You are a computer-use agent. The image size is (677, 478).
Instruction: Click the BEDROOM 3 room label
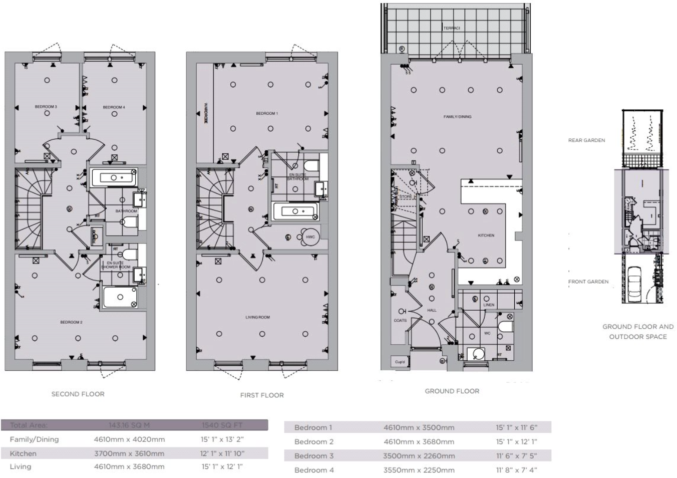(46, 107)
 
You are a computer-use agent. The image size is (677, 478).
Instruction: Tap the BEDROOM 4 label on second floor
(114, 107)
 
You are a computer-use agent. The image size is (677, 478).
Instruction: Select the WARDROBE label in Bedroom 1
(205, 114)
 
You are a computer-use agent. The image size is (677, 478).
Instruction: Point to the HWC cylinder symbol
(310, 237)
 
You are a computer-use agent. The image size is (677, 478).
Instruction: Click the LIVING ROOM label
(257, 317)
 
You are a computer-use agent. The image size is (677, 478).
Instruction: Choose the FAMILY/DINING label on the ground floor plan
(457, 117)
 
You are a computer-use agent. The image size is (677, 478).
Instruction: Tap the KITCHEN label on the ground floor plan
(486, 235)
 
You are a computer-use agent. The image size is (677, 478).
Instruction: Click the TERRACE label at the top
(451, 28)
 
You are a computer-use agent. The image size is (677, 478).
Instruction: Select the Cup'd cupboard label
(400, 362)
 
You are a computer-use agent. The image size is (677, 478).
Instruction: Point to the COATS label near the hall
(400, 320)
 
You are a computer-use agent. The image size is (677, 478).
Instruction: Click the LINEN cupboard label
(489, 305)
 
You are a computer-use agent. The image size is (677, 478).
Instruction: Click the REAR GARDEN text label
(586, 140)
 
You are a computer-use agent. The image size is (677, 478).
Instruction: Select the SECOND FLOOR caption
(78, 394)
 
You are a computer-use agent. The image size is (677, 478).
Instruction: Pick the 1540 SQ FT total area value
(222, 425)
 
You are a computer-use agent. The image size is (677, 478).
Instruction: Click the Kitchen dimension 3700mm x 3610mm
(129, 453)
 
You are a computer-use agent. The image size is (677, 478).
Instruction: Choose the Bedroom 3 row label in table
(313, 456)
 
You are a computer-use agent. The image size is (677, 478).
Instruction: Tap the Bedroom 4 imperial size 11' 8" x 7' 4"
(516, 470)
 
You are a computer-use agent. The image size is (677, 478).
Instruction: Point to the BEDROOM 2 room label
(71, 322)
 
